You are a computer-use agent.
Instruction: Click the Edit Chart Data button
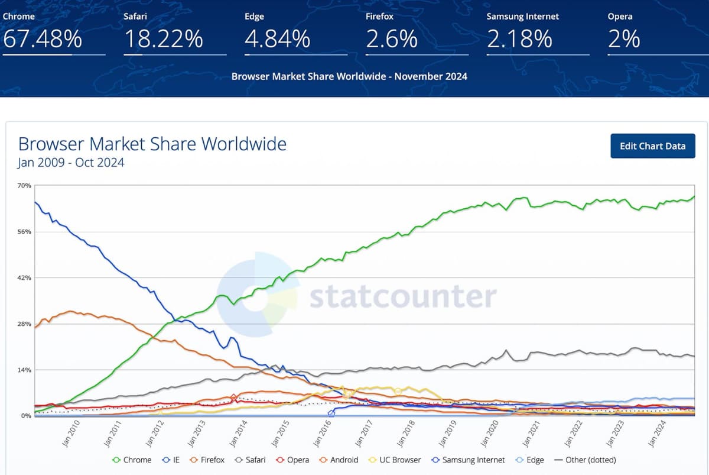(652, 146)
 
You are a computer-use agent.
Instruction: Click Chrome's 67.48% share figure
(43, 39)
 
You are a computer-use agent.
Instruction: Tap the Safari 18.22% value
(164, 39)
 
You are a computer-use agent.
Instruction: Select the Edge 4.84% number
(277, 39)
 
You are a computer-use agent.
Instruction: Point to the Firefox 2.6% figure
(392, 39)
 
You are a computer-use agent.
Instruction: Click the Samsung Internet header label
(522, 17)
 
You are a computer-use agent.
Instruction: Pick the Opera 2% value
(624, 39)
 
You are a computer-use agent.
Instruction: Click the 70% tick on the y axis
(24, 186)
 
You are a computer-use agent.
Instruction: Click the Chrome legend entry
(132, 460)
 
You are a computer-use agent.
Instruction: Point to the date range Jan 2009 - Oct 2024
(71, 163)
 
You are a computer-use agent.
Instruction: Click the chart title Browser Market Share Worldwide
(152, 144)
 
